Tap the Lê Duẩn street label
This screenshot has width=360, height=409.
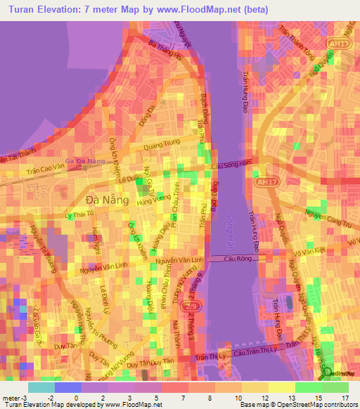tap(129, 179)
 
